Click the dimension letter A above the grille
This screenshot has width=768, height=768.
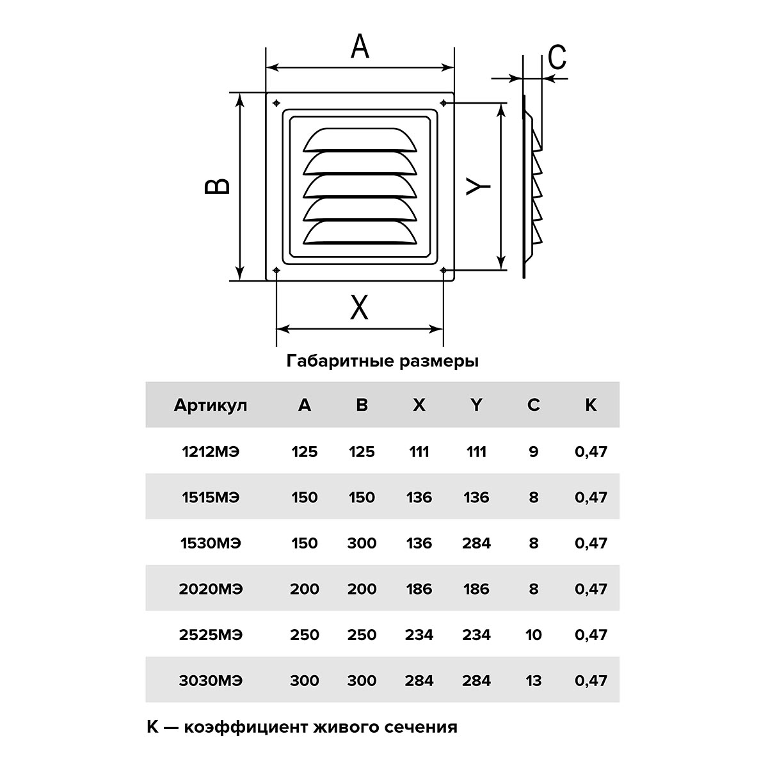pyautogui.click(x=360, y=47)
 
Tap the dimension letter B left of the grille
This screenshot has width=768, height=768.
pyautogui.click(x=218, y=186)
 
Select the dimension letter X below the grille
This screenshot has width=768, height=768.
pyautogui.click(x=360, y=308)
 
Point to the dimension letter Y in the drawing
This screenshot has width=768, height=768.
pyautogui.click(x=478, y=185)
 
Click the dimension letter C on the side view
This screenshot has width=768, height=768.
pyautogui.click(x=557, y=58)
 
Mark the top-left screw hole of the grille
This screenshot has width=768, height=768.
pyautogui.click(x=276, y=103)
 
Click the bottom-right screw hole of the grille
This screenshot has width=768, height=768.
pyautogui.click(x=444, y=271)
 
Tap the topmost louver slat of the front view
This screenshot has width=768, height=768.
pyautogui.click(x=359, y=140)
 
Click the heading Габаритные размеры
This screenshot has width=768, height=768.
pyautogui.click(x=383, y=361)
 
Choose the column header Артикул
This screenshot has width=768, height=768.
pyautogui.click(x=211, y=405)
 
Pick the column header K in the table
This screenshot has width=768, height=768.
pyautogui.click(x=591, y=405)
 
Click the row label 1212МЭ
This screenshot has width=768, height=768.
pyautogui.click(x=211, y=452)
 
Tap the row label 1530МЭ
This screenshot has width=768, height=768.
pyautogui.click(x=211, y=543)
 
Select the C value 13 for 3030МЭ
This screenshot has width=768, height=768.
pyautogui.click(x=533, y=680)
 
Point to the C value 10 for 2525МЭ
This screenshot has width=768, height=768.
pyautogui.click(x=533, y=635)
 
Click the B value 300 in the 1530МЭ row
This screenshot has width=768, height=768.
pyautogui.click(x=362, y=543)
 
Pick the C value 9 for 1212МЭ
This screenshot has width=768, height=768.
pyautogui.click(x=534, y=452)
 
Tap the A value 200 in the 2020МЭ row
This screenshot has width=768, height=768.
pyautogui.click(x=304, y=589)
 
